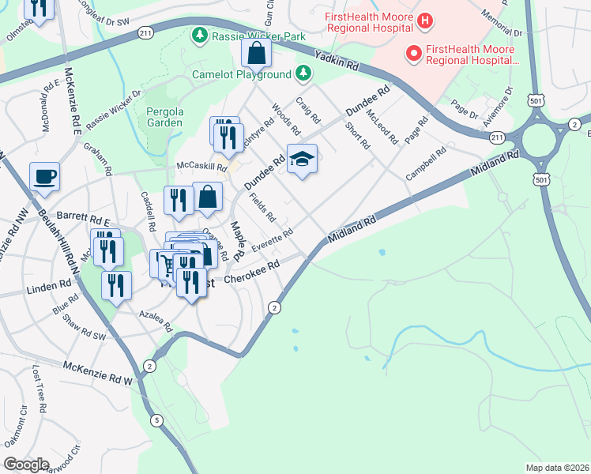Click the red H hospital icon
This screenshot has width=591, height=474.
[424, 19]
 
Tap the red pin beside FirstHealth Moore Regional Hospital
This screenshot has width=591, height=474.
[412, 54]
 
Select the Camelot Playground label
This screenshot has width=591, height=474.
[242, 75]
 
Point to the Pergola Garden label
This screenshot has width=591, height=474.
[164, 117]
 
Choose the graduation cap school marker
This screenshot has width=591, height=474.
[302, 160]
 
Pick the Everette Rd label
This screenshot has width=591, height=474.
[272, 239]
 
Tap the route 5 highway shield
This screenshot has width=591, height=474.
[157, 420]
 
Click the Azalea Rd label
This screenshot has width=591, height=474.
[156, 319]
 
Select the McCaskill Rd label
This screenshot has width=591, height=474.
[201, 167]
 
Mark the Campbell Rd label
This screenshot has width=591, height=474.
[421, 164]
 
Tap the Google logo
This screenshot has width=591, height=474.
[26, 465]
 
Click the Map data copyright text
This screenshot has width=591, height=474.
[557, 468]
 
